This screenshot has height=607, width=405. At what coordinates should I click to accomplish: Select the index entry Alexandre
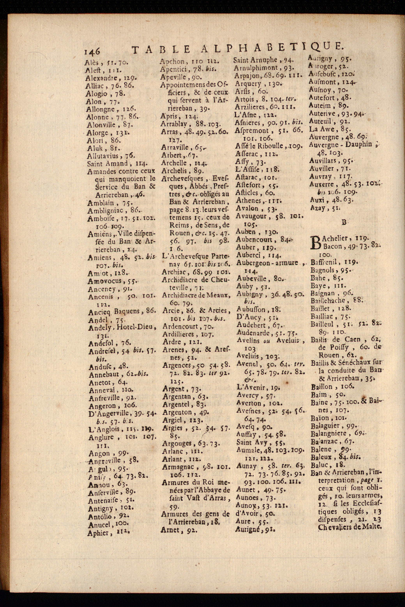[102, 78]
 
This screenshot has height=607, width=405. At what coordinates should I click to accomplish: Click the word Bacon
[332, 246]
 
